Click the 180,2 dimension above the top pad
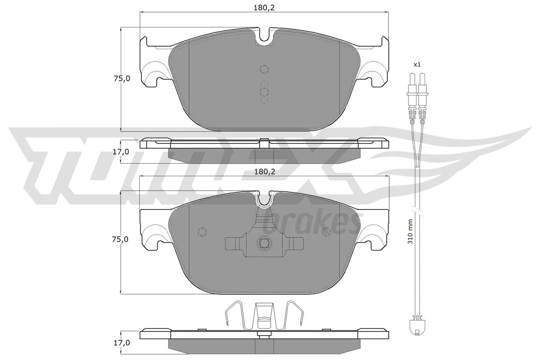coord(264,8)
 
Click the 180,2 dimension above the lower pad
coord(265,172)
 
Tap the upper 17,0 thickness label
coord(120,152)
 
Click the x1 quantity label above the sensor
coord(417,64)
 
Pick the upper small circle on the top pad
coord(264,69)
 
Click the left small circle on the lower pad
coord(202,231)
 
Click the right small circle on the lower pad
coord(327,231)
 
